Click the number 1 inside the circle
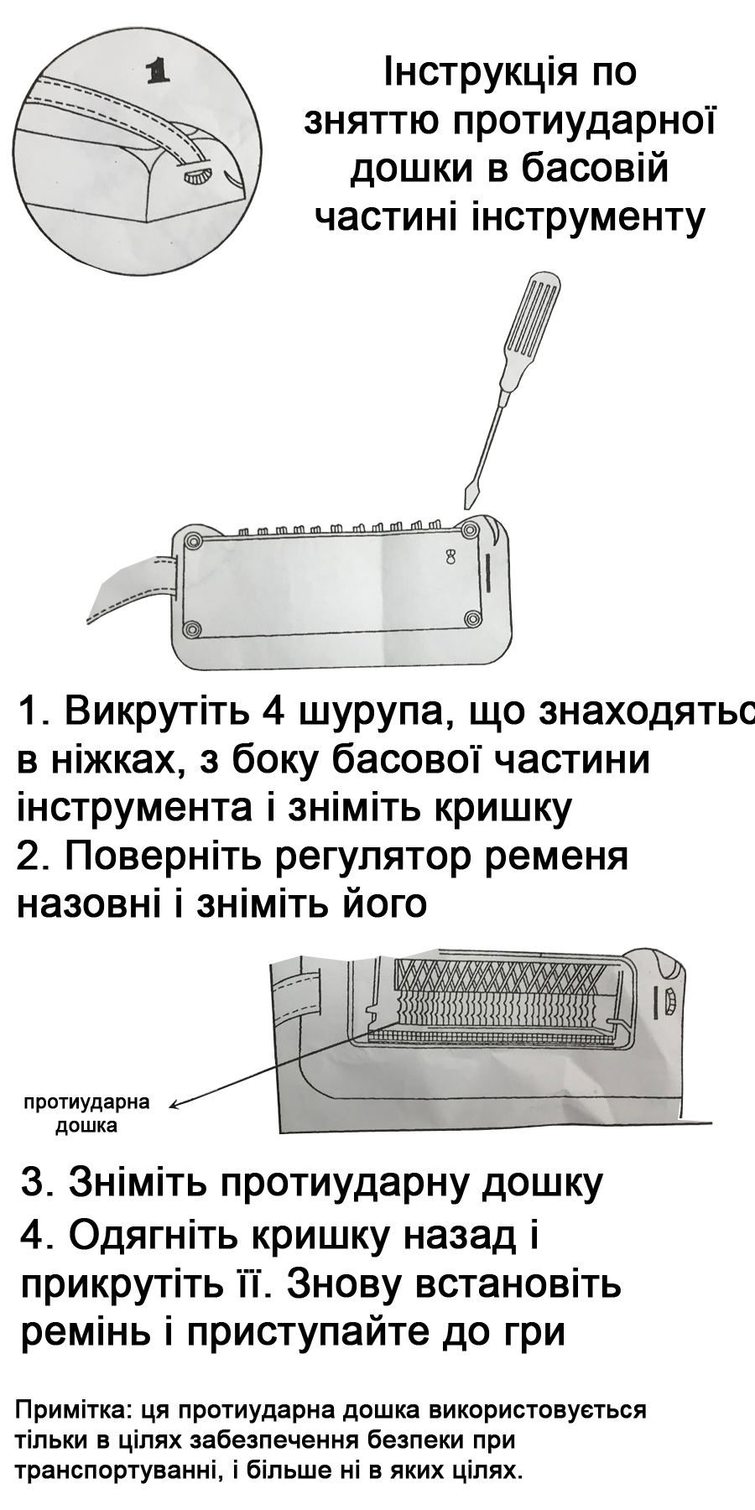157,72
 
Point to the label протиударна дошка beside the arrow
86,1113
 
